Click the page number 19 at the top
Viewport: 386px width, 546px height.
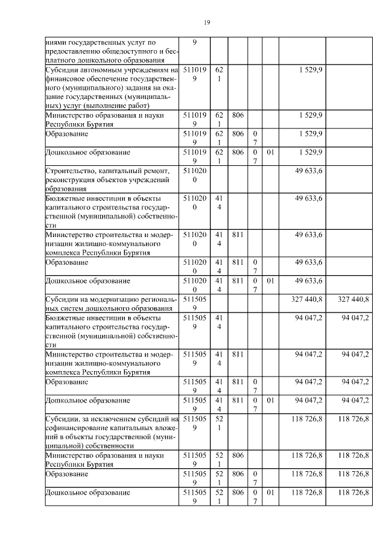(206, 22)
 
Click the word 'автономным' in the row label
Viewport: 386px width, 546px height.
(94, 71)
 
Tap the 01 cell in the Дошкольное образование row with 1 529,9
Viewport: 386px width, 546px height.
(271, 153)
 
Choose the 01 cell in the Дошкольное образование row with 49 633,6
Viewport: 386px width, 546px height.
(271, 281)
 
